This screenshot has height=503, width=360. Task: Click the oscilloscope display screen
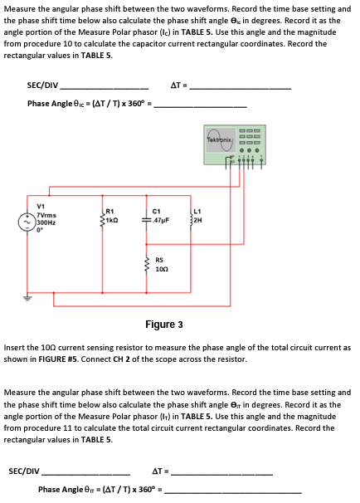[x=218, y=138]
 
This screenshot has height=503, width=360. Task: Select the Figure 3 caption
[x=163, y=324]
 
